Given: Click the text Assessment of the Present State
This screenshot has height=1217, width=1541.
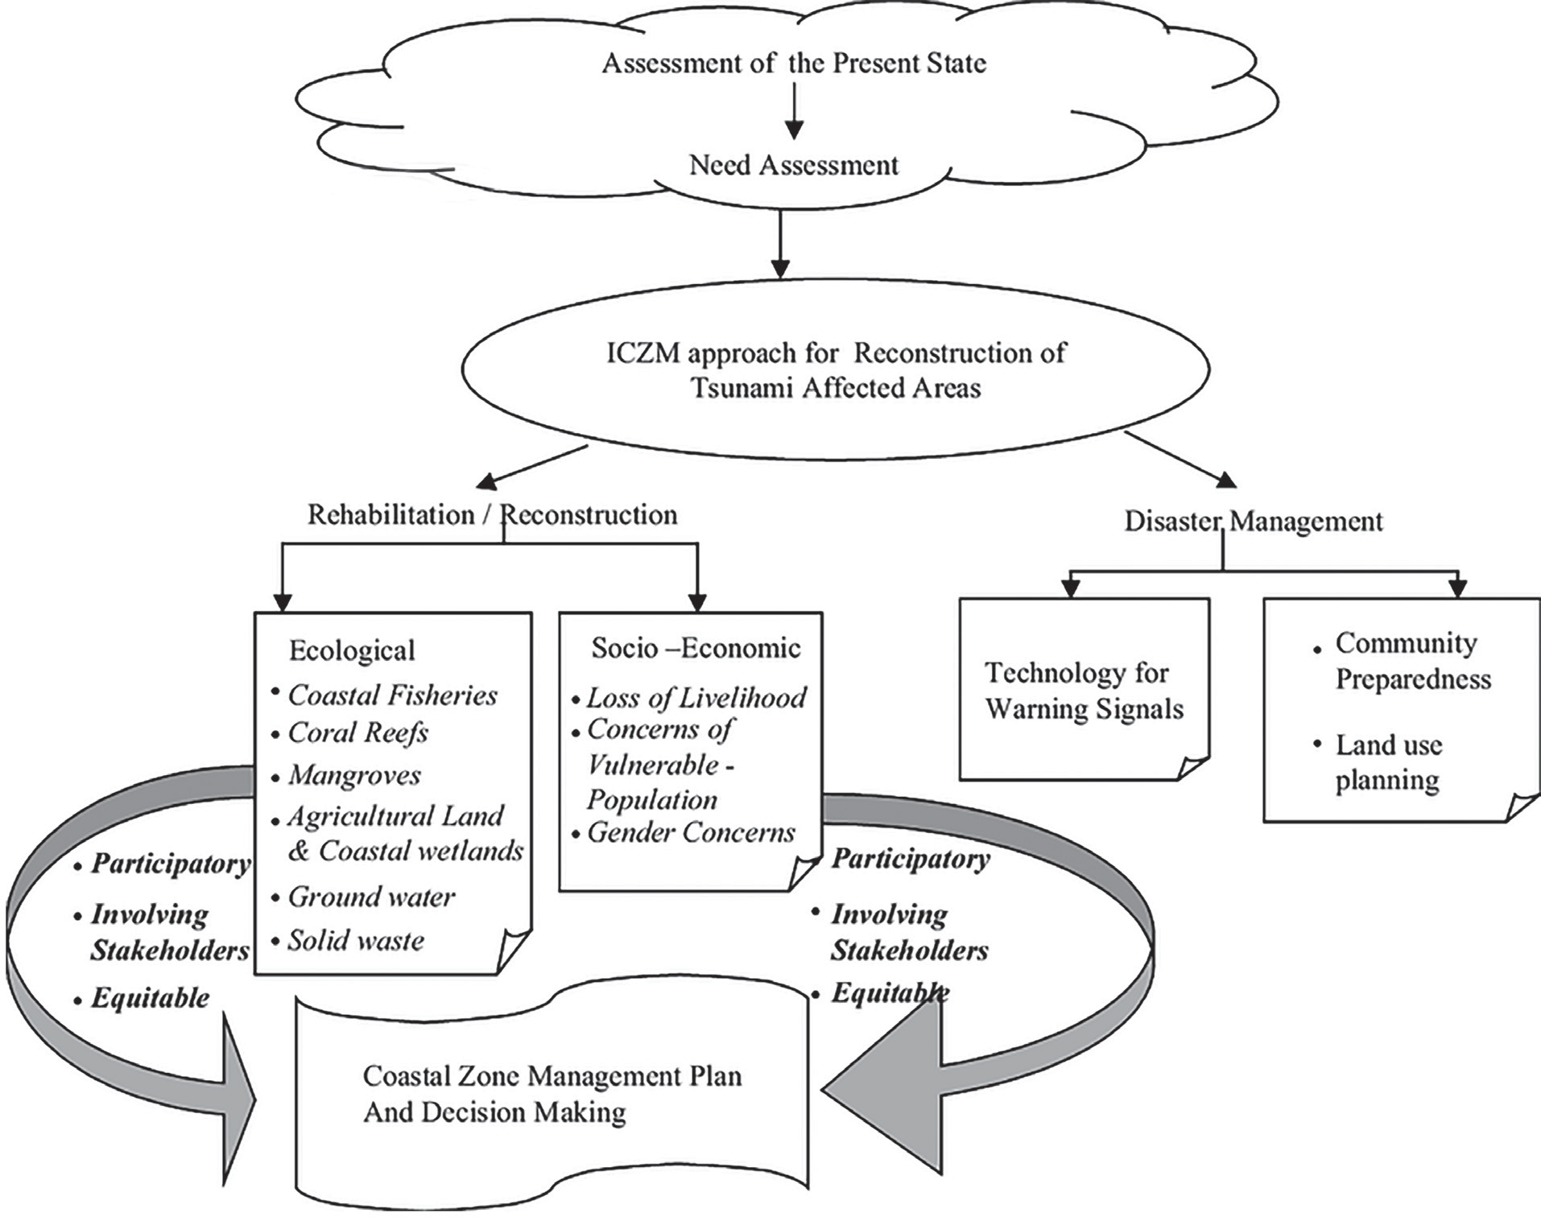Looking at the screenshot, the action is pyautogui.click(x=794, y=63).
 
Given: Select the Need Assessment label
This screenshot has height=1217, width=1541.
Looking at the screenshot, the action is pyautogui.click(x=794, y=165).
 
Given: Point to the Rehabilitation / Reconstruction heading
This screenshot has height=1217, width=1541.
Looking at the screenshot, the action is pyautogui.click(x=493, y=514).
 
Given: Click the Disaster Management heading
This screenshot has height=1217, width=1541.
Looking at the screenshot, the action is pyautogui.click(x=1254, y=521).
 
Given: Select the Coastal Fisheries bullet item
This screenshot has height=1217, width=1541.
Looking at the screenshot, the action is pyautogui.click(x=393, y=695).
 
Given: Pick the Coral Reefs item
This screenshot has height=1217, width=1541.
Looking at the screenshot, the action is pyautogui.click(x=358, y=732).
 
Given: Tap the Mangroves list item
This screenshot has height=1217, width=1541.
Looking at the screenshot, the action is pyautogui.click(x=354, y=775).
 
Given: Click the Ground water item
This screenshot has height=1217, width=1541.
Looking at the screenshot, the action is pyautogui.click(x=371, y=897).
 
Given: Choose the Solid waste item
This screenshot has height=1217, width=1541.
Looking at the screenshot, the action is pyautogui.click(x=356, y=940).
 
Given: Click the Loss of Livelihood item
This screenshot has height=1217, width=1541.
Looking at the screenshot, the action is pyautogui.click(x=696, y=697).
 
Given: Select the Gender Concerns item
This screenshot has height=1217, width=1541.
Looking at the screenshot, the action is pyautogui.click(x=691, y=832).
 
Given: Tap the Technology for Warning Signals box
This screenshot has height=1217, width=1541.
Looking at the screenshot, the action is pyautogui.click(x=1084, y=689).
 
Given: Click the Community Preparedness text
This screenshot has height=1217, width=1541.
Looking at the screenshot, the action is pyautogui.click(x=1414, y=661).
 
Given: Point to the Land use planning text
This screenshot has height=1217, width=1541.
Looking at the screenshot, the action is pyautogui.click(x=1389, y=762).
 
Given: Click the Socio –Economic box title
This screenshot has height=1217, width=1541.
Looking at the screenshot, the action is pyautogui.click(x=696, y=648).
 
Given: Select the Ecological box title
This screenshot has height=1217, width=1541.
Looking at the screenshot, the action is pyautogui.click(x=352, y=650).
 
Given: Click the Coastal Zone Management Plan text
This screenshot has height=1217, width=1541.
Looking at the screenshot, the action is pyautogui.click(x=552, y=1076).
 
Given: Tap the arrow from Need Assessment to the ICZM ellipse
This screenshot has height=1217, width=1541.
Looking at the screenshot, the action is pyautogui.click(x=779, y=245).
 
